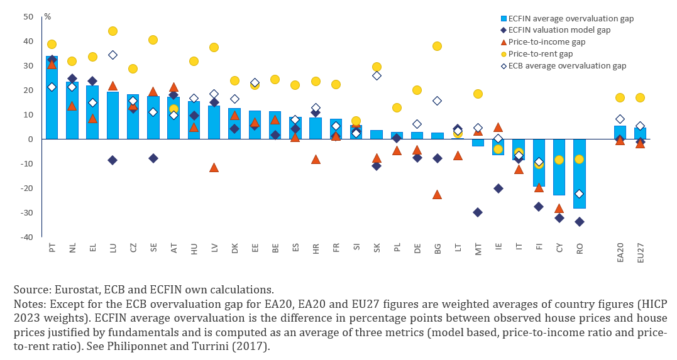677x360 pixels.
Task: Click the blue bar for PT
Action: point(52,97)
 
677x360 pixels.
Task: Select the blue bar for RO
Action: point(579,173)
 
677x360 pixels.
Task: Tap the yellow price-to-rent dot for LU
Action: point(113,31)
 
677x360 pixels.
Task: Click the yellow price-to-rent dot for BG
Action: point(437,46)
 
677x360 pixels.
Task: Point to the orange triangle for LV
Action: point(214,168)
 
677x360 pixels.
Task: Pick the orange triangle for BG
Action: point(437,194)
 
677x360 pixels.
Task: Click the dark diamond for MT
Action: point(478,212)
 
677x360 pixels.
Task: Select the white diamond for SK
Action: point(377,75)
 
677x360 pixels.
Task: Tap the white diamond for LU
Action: point(113,55)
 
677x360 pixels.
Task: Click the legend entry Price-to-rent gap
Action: point(544,54)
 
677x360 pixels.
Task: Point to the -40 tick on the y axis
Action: point(28,237)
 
